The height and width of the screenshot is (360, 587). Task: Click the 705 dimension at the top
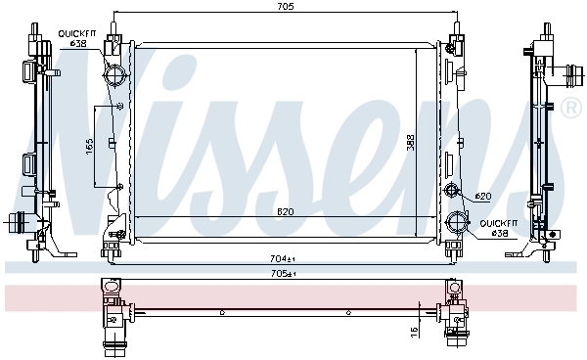click(x=285, y=7)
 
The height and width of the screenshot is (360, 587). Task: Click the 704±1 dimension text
click(x=283, y=258)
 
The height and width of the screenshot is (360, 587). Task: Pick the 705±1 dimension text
click(x=283, y=274)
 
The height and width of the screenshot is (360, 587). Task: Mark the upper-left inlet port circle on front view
click(x=115, y=76)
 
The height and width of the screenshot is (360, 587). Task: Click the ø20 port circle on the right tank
click(x=451, y=190)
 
